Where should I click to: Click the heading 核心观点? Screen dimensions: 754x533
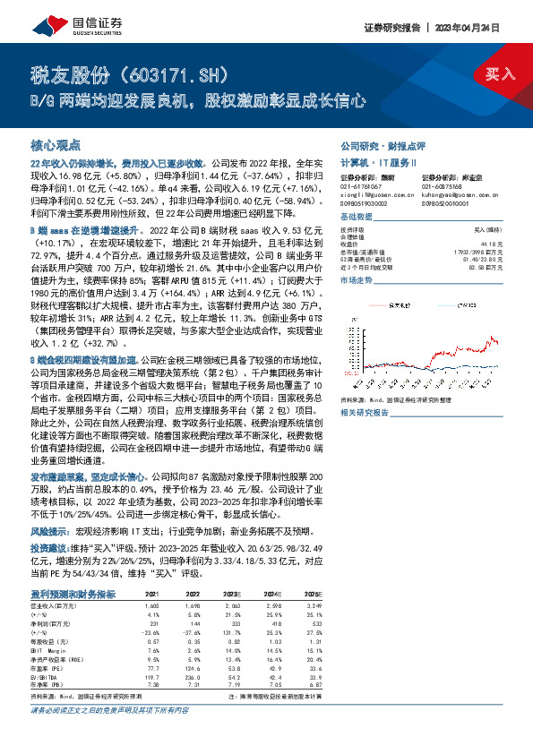pyautogui.click(x=56, y=144)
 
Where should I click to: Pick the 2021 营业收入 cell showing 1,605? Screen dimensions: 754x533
pyautogui.click(x=151, y=606)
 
